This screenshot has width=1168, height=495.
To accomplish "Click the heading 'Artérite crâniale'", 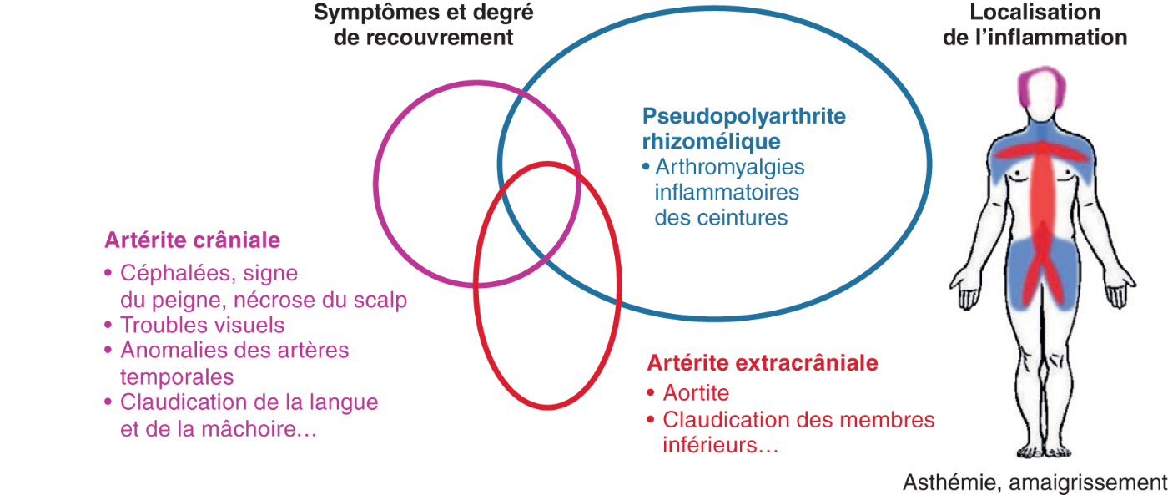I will (192, 240).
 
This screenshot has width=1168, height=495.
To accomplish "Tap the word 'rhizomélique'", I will (711, 141).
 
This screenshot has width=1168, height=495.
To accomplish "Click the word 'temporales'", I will (177, 376).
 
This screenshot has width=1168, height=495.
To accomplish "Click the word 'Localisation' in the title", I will (1035, 13).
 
